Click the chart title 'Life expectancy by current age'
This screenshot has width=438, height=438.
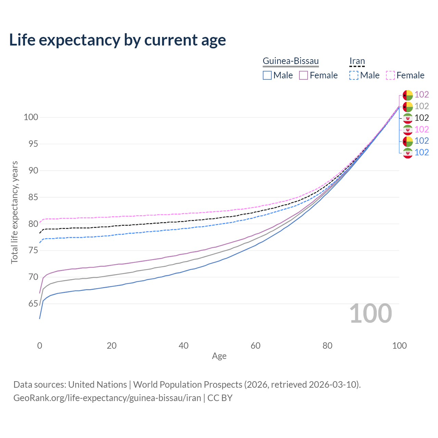[x=117, y=40]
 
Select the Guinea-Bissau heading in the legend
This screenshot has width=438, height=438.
[x=291, y=61]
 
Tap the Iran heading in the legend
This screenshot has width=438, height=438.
[x=357, y=61]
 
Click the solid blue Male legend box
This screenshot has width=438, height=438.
[x=267, y=75]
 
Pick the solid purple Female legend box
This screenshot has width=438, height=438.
[x=304, y=75]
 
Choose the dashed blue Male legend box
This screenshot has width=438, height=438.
[x=354, y=75]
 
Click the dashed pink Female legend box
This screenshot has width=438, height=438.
[x=390, y=75]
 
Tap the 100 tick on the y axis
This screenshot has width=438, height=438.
[x=30, y=117]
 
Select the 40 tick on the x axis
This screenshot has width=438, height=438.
[x=183, y=346]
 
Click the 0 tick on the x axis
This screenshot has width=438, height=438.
[x=40, y=346]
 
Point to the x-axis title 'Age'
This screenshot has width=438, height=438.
[x=219, y=356]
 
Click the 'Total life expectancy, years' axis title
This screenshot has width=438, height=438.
[x=14, y=212]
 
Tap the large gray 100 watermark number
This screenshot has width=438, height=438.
[x=371, y=313]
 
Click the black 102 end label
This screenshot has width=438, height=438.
[x=422, y=118]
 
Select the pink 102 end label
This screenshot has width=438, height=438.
[x=422, y=129]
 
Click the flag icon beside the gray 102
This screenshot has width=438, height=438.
[x=408, y=106]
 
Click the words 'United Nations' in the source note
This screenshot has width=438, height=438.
[x=98, y=385]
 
